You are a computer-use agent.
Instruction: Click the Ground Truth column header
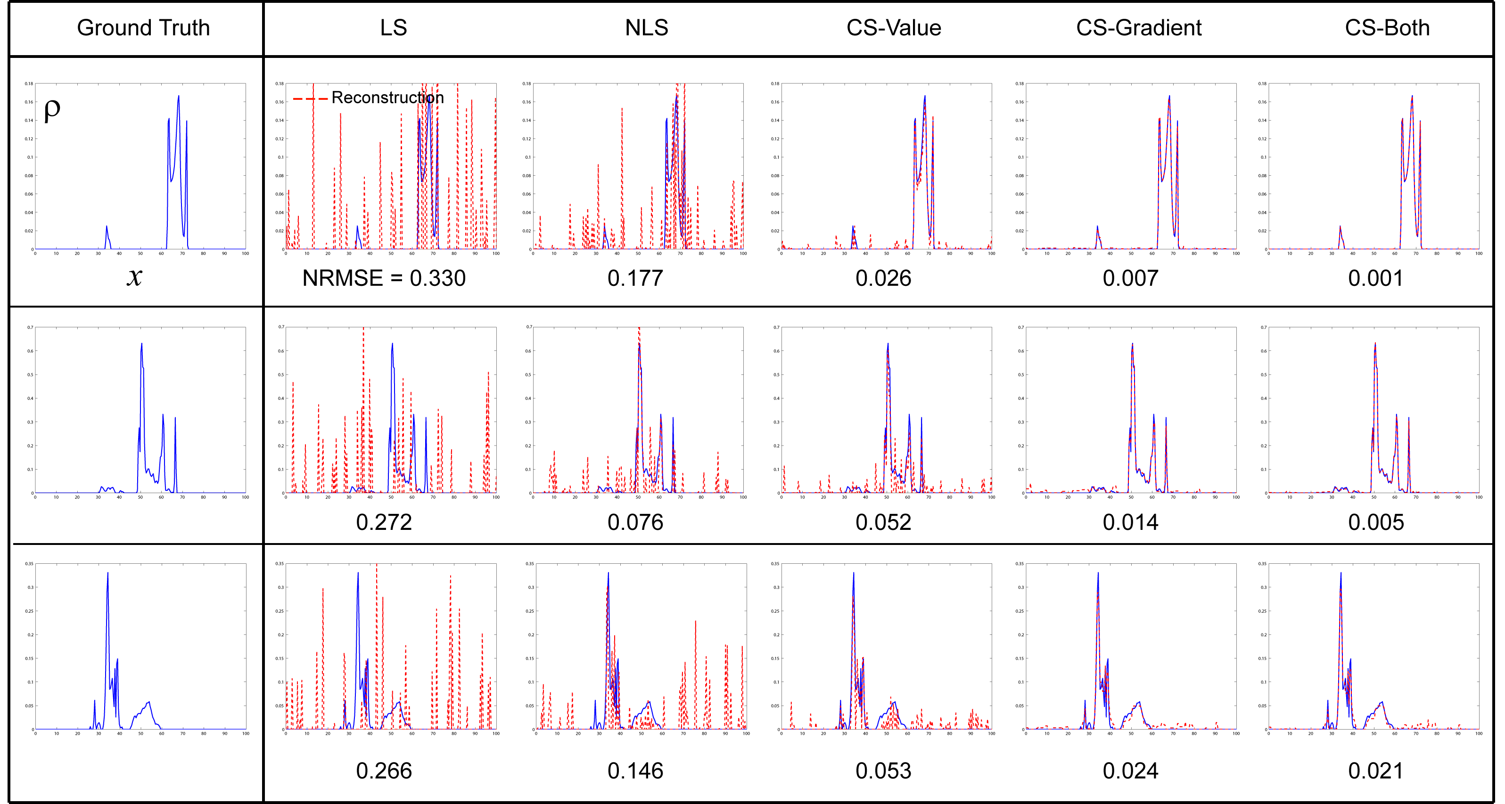143,27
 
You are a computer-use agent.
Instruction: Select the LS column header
393,27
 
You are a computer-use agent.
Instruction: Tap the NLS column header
646,27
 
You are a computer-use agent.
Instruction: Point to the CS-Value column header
893,27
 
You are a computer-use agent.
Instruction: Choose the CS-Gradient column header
1138,27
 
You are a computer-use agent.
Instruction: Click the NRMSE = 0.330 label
384,278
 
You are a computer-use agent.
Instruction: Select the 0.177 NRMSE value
635,278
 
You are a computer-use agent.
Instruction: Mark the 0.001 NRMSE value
1375,278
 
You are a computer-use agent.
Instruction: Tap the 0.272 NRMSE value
384,522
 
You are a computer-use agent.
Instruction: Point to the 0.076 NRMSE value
635,522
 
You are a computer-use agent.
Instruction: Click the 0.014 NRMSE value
1130,522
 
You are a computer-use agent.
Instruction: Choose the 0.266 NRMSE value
384,771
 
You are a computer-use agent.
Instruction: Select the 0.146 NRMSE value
635,771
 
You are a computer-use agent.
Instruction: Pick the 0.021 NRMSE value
1375,771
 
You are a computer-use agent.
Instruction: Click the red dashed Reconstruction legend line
310,99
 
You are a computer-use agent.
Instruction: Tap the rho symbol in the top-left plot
52,109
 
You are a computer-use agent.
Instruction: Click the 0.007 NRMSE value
1130,278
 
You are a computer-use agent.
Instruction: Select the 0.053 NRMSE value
883,771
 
